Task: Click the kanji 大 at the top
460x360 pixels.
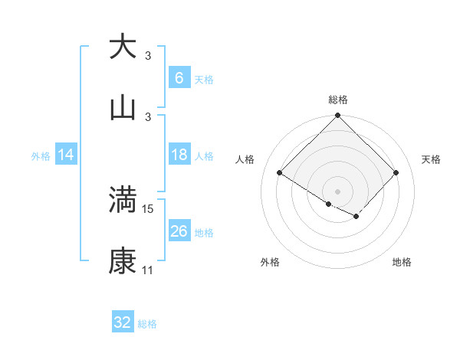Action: coord(123,47)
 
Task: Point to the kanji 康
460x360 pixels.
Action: coord(123,261)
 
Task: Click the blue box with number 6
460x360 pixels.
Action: coord(179,78)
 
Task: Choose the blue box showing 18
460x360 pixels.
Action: coord(179,155)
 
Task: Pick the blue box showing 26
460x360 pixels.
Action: coord(179,231)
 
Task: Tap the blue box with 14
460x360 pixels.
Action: coord(66,155)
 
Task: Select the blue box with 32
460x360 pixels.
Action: coord(123,322)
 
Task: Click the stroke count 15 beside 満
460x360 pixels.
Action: coord(148,208)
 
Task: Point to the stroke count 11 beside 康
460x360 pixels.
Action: coord(147,270)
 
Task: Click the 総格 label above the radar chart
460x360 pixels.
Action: coord(337,100)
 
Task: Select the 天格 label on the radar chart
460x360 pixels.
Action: coord(431,159)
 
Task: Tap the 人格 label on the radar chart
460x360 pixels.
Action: coord(245,159)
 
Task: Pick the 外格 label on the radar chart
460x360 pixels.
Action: coord(270,262)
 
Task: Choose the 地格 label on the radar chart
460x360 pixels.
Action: coord(402,262)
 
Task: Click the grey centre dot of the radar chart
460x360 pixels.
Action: coord(337,191)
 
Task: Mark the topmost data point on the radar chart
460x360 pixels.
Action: coord(337,116)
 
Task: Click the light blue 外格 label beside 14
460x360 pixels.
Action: coord(41,155)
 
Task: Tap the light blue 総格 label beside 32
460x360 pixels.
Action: coord(147,324)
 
